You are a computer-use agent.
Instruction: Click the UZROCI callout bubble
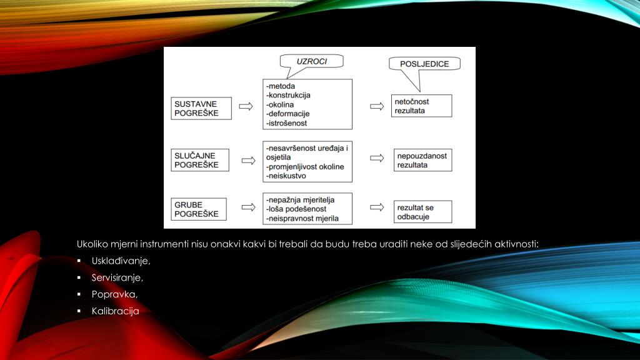[312, 61]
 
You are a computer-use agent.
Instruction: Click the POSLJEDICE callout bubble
[424, 64]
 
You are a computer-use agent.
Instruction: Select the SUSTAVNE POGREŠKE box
[201, 107]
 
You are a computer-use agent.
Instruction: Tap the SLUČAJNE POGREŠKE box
[201, 160]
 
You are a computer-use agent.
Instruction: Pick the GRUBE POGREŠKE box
[201, 209]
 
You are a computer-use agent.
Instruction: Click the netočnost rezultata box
[422, 106]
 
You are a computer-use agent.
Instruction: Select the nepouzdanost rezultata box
[422, 161]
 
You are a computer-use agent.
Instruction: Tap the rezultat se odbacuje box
[422, 212]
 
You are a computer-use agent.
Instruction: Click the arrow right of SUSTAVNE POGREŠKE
[246, 106]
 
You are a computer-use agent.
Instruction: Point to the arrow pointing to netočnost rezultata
[376, 106]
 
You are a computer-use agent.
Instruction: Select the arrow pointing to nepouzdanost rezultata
[376, 160]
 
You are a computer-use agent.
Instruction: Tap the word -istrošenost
[287, 124]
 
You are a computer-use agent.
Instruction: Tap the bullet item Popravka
[114, 294]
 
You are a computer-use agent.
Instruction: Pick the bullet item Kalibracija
[115, 310]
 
